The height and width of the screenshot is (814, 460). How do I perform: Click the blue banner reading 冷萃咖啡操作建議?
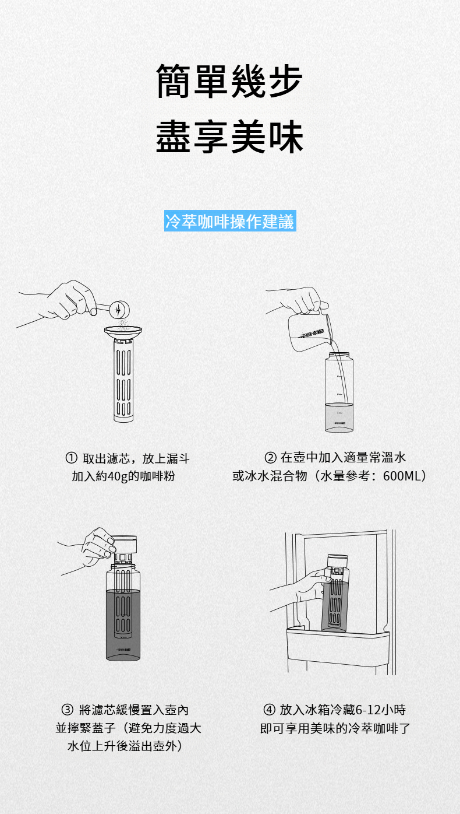(230, 220)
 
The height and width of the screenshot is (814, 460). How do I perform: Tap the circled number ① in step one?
(71, 458)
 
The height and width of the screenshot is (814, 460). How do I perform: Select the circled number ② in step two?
(270, 457)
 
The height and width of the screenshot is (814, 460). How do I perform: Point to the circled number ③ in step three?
(67, 710)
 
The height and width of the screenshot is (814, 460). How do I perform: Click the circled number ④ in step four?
(269, 710)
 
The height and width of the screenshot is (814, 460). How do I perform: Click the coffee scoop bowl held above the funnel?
(119, 310)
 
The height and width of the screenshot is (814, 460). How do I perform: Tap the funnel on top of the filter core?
(123, 331)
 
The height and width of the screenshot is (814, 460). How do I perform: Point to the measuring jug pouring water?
(310, 332)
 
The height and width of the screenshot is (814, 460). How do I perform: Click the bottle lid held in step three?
(123, 544)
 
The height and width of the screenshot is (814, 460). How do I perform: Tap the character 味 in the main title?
(285, 137)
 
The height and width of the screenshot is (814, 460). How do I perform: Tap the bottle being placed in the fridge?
(335, 593)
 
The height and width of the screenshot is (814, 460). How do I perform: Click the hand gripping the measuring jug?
(305, 301)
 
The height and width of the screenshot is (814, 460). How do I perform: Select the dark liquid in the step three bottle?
(123, 624)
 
